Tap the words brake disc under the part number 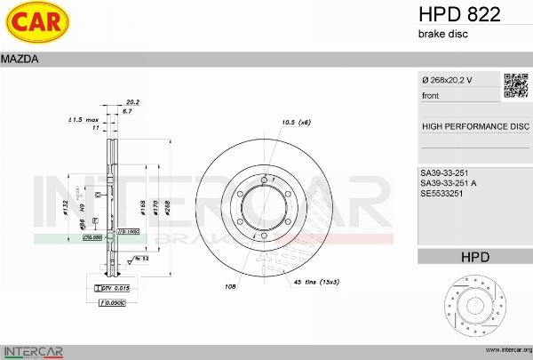point(442,34)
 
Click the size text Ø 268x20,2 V point(447,80)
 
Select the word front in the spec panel point(430,95)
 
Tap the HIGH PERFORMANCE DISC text point(474,126)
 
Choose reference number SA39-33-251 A point(449,183)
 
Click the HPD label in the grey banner point(474,257)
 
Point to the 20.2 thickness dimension point(133,102)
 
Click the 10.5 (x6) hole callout point(296,122)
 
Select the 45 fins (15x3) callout point(316,282)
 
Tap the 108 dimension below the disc point(229,287)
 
